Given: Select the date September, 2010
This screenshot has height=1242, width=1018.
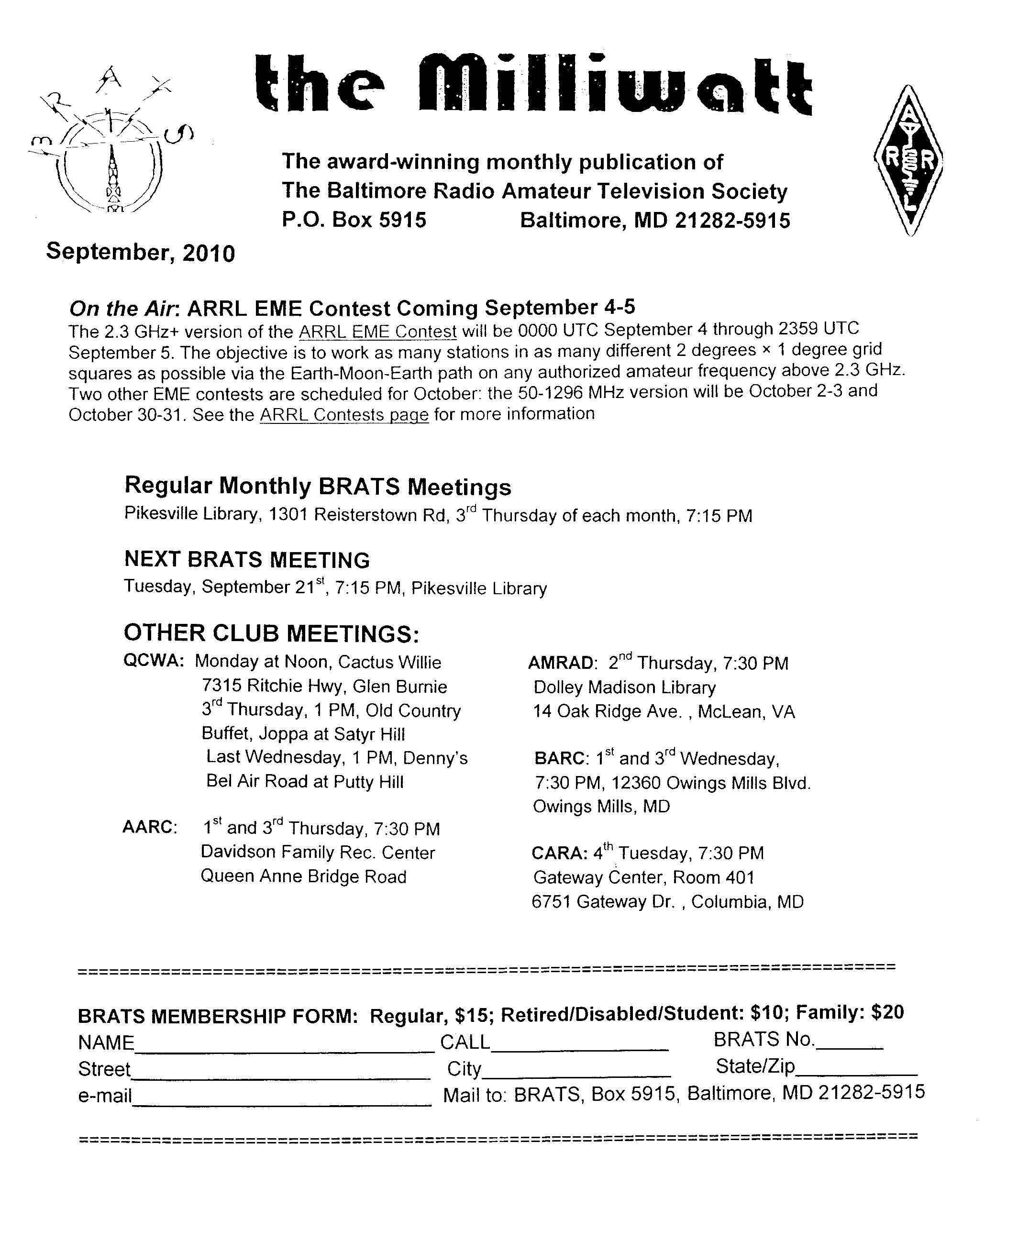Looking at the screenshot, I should (140, 252).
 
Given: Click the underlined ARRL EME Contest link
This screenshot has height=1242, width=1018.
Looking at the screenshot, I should (377, 332).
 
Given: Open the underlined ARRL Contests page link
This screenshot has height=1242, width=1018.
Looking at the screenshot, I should (344, 415).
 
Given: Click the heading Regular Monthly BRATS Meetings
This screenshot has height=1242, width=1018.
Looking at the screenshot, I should (318, 486).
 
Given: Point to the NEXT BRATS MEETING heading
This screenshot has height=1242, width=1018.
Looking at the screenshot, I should (247, 559).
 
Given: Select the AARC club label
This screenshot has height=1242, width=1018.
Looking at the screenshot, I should (150, 827).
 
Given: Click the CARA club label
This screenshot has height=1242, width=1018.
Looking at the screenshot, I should (559, 853).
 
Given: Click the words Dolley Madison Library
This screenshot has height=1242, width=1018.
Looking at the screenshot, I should (624, 688).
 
